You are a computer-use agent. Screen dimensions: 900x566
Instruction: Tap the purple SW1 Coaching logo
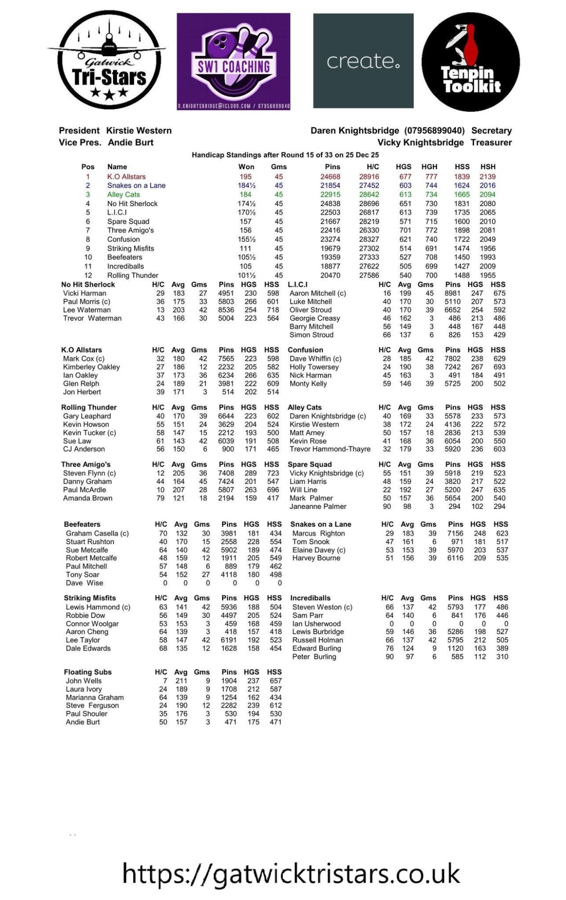pyautogui.click(x=233, y=61)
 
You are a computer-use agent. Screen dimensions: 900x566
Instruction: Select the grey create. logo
pyautogui.click(x=363, y=61)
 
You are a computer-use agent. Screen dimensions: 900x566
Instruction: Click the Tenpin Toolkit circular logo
pyautogui.click(x=471, y=62)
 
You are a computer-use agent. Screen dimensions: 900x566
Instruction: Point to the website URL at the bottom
pyautogui.click(x=291, y=873)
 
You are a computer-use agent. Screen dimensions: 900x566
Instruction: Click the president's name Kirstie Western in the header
pyautogui.click(x=139, y=130)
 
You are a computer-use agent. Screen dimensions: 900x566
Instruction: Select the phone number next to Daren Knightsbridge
pyautogui.click(x=434, y=130)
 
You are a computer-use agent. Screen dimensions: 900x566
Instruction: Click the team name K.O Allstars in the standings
pyautogui.click(x=126, y=177)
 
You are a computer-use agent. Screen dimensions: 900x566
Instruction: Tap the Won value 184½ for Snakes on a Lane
pyautogui.click(x=246, y=185)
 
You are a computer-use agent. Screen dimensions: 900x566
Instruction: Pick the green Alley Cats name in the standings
pyautogui.click(x=123, y=194)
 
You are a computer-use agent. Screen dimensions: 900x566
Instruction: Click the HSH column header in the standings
pyautogui.click(x=488, y=166)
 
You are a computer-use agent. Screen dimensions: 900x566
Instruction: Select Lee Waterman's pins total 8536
pyautogui.click(x=226, y=310)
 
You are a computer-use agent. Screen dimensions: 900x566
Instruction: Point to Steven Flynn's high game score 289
pyautogui.click(x=250, y=473)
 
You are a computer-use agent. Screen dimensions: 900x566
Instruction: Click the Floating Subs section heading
pyautogui.click(x=88, y=672)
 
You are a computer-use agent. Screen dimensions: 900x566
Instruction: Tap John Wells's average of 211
pyautogui.click(x=181, y=681)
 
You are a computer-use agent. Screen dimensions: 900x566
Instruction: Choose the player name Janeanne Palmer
pyautogui.click(x=318, y=506)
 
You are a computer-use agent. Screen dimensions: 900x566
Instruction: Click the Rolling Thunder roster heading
pyautogui.click(x=89, y=407)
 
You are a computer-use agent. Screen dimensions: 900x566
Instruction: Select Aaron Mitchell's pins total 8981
pyautogui.click(x=453, y=293)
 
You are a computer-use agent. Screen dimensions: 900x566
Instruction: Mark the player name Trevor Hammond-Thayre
pyautogui.click(x=330, y=449)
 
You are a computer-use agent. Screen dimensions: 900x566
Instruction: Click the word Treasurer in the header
pyautogui.click(x=491, y=142)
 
